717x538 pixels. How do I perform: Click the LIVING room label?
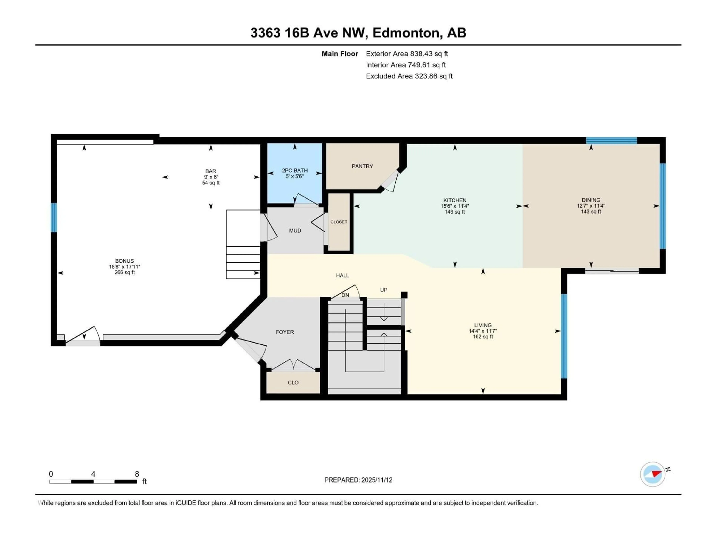point(483,325)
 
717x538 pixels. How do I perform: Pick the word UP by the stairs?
point(384,290)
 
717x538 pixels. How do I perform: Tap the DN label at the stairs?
point(345,295)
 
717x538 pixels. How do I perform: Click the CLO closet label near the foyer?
point(293,383)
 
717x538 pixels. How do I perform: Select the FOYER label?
point(285,332)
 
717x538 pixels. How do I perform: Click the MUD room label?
point(295,231)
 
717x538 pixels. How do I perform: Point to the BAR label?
point(210,171)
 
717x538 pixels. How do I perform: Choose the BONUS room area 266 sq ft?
point(125,272)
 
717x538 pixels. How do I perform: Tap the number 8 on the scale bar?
point(137,474)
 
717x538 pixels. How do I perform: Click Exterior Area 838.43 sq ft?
point(407,54)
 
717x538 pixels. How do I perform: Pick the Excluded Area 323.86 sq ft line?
point(409,76)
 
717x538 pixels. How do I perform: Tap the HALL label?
point(342,275)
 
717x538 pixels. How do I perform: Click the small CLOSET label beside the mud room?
point(339,222)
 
